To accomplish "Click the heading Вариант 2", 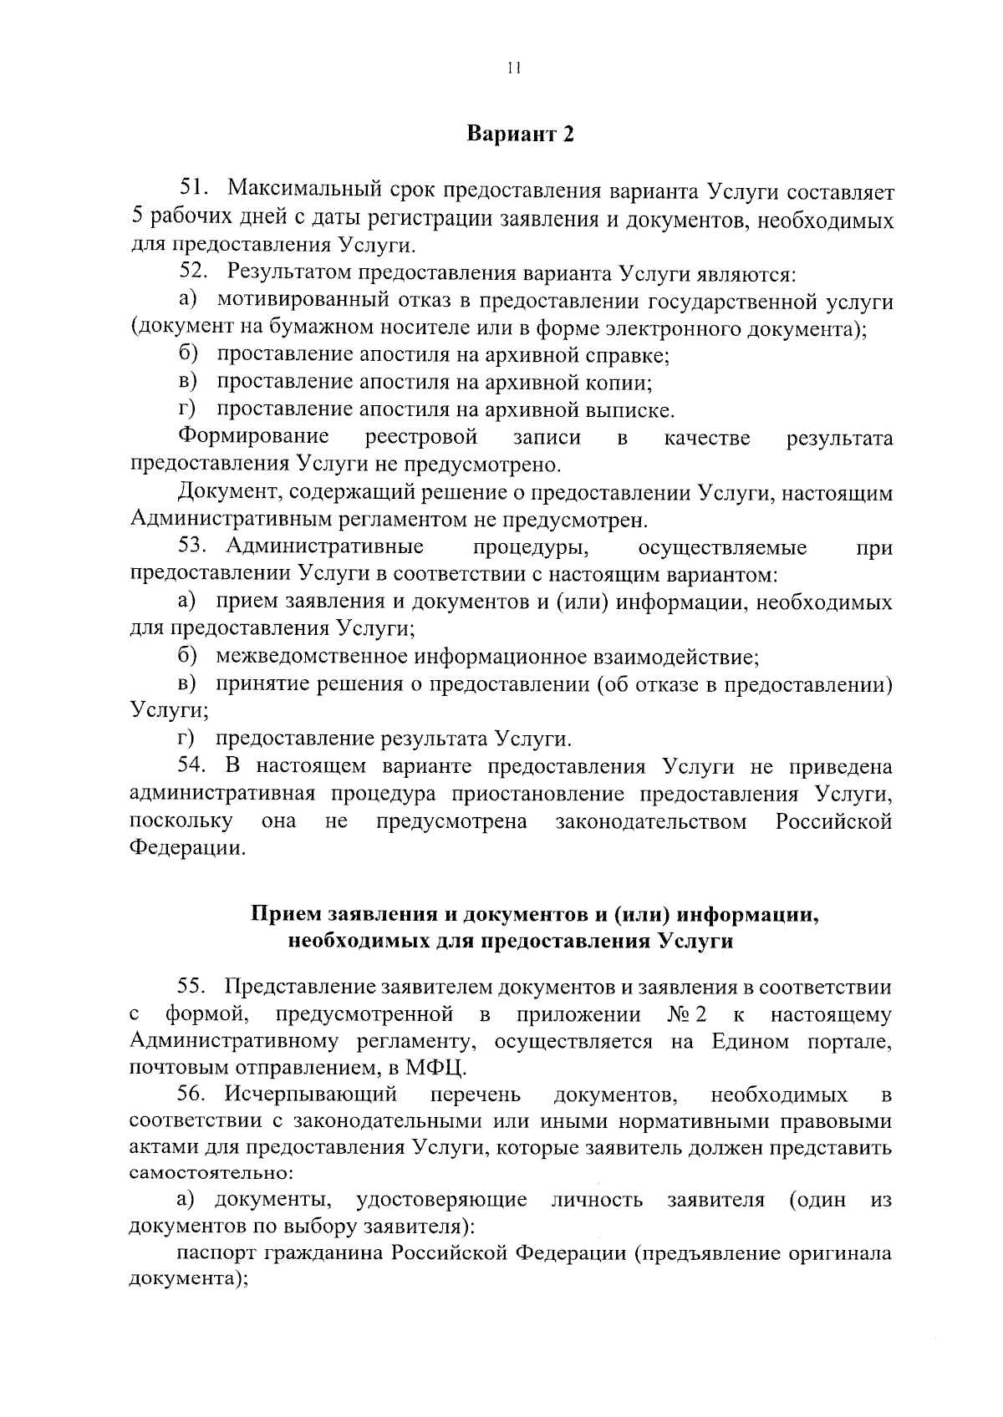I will point(520,135).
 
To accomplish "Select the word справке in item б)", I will point(634,356).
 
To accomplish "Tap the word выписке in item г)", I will point(633,411).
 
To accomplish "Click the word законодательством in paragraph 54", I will point(651,822).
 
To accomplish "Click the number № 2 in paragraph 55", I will point(687,1015).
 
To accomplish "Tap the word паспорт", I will point(217,1254).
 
